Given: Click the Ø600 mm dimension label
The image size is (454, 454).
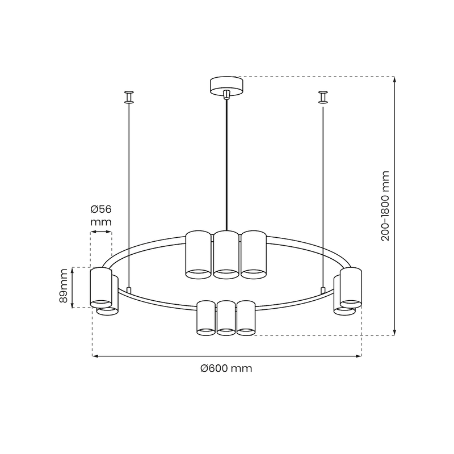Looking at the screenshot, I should point(226,368).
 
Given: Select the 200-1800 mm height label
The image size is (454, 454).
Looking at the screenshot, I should point(386,205).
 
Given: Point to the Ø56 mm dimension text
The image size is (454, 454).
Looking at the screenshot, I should point(100,216).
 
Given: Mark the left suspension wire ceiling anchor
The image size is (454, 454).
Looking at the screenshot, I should point(130,97).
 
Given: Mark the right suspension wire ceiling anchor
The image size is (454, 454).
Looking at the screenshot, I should point(323,97).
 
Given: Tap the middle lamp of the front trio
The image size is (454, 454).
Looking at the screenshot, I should point(226,318).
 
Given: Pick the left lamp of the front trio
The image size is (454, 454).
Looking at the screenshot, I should point(205,318).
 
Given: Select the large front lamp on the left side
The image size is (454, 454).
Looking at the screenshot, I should point(100,287).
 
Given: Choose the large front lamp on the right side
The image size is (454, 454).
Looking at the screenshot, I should point(351,287).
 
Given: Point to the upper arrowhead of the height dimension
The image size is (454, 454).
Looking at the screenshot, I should point(395,79).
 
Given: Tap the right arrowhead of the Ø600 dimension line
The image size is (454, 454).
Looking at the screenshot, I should point(358,356).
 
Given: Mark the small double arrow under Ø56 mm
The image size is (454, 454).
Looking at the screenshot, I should point(100,233).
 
